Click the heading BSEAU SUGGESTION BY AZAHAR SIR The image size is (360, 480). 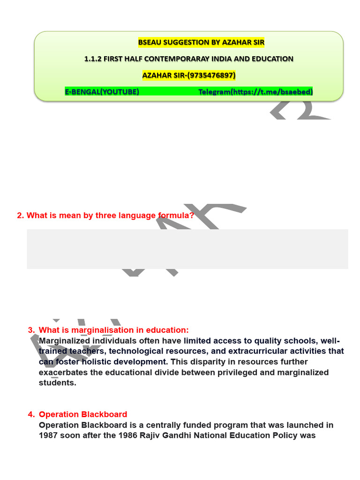click(201, 43)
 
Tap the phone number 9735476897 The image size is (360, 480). click(211, 75)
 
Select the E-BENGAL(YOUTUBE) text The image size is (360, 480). click(102, 92)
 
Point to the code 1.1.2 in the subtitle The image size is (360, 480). click(92, 59)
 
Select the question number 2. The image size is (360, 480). click(20, 216)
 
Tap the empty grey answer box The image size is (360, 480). click(187, 249)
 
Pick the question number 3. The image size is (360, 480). click(31, 330)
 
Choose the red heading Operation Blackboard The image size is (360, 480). click(83, 414)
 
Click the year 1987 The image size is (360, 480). click(49, 435)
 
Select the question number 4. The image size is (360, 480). click(31, 414)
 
